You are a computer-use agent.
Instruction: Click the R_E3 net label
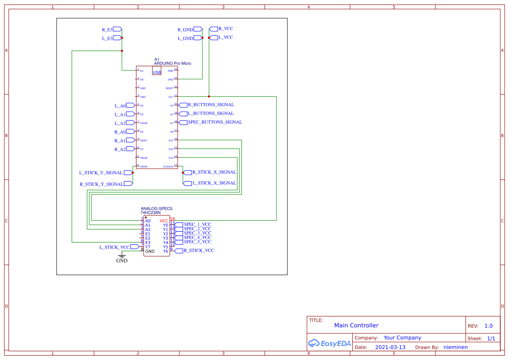pos(108,30)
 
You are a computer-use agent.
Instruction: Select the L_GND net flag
pos(185,38)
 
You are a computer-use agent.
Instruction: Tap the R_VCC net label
pos(226,29)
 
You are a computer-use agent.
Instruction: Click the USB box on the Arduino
pos(157,72)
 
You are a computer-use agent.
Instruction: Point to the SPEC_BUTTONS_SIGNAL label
pos(215,122)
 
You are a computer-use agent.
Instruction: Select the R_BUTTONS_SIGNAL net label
pos(211,105)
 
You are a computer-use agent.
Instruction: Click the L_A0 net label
pos(120,106)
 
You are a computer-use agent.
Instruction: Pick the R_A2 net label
pos(120,149)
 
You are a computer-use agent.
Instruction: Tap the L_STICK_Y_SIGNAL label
pos(101,173)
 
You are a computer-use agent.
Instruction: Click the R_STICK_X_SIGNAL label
pos(214,172)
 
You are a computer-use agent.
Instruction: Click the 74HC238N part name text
pos(150,213)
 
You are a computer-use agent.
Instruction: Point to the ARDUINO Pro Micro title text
pos(172,64)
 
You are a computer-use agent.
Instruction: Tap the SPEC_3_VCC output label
pos(197,233)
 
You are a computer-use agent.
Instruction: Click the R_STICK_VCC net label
pos(199,251)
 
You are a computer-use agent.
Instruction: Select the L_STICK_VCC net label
pos(115,247)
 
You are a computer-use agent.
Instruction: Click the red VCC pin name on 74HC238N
pos(164,221)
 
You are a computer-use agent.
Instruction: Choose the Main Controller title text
pos(356,326)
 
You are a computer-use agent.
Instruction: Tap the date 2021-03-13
pos(390,347)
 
